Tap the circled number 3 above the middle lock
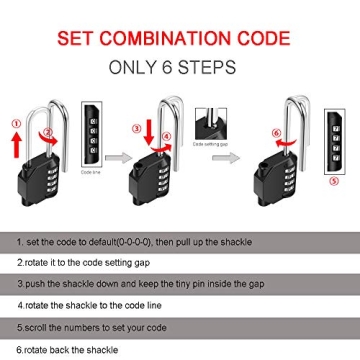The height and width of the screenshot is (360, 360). [137, 129]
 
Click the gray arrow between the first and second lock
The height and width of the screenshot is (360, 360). [117, 157]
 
